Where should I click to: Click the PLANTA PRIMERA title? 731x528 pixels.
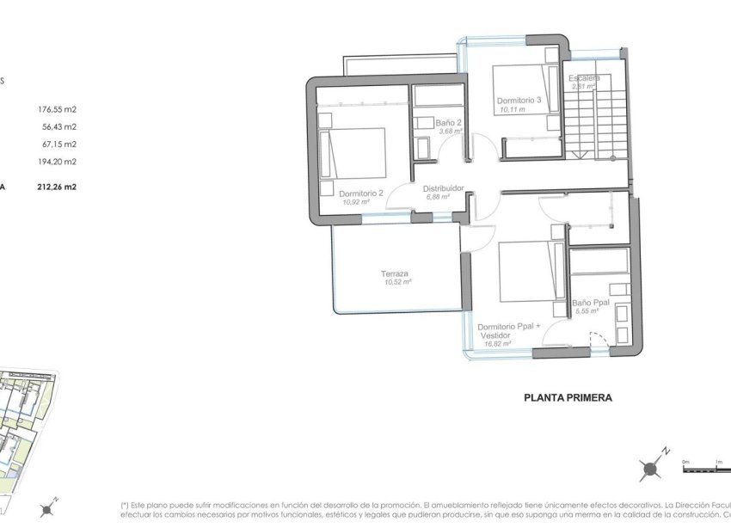(x=568, y=398)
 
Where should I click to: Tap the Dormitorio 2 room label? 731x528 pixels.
(x=361, y=193)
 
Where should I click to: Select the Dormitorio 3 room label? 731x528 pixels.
(x=519, y=100)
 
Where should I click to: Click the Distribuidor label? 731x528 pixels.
(x=443, y=187)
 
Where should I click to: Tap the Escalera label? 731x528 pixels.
(x=585, y=77)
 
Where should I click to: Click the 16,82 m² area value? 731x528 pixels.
(x=497, y=343)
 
